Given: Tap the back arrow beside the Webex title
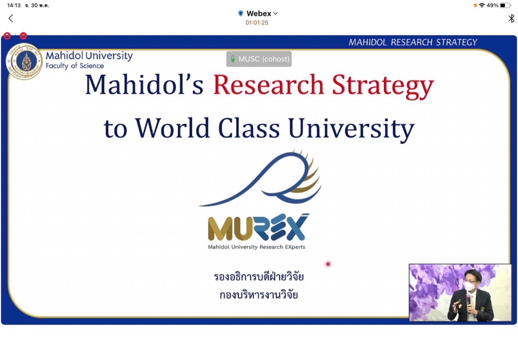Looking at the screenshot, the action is [11, 19].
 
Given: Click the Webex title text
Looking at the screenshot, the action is [258, 14].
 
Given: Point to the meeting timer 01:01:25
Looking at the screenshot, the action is [256, 23].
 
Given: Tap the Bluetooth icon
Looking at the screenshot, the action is [511, 19].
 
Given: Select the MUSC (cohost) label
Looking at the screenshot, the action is [259, 59].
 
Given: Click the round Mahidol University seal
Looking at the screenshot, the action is [24, 62].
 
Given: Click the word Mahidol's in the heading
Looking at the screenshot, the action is [144, 85].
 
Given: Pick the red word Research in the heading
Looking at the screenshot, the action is [268, 85].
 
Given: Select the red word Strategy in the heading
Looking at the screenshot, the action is [382, 87].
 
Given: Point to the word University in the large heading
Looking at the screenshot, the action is [351, 130].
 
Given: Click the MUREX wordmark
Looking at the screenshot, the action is [257, 227].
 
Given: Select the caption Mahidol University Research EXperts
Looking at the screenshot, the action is [256, 247].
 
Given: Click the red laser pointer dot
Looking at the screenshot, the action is [328, 264].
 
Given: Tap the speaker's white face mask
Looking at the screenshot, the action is [469, 286].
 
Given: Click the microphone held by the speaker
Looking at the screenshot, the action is [468, 300].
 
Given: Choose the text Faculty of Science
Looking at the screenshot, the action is [75, 66].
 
